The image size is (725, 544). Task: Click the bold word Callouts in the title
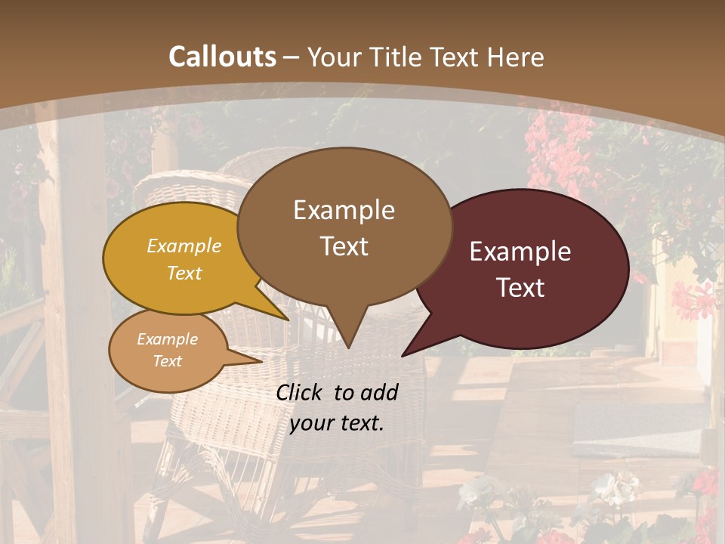click(x=222, y=57)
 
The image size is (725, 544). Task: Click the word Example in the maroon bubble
click(x=520, y=252)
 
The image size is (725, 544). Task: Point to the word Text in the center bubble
click(x=344, y=246)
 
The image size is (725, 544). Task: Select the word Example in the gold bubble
click(x=184, y=246)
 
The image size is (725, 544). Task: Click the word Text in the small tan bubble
click(x=168, y=361)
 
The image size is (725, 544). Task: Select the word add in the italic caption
click(x=379, y=392)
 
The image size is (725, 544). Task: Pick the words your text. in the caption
click(x=337, y=423)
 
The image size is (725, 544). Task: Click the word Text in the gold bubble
click(x=184, y=273)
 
